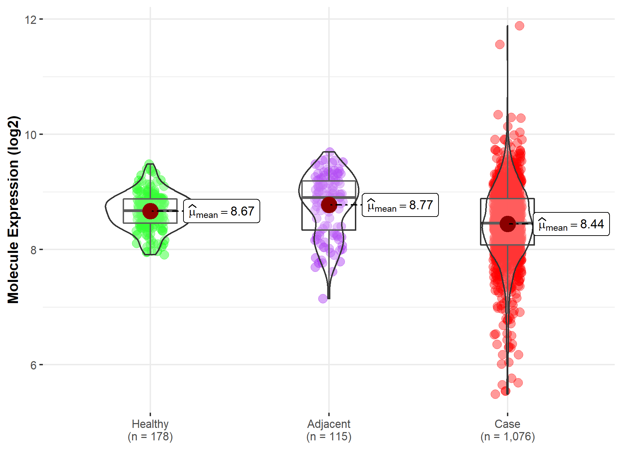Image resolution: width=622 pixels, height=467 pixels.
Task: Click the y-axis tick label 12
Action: coord(30,20)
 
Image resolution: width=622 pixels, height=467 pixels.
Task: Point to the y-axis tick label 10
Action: coord(30,135)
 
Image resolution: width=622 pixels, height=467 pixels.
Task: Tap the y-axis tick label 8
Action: coord(34,250)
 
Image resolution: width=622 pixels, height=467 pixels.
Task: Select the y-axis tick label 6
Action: coord(34,365)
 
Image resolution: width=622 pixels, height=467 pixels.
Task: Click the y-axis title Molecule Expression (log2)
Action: coord(13,210)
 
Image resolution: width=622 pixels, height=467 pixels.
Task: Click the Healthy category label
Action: coord(150,424)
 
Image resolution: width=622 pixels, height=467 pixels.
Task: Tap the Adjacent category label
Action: coord(329,424)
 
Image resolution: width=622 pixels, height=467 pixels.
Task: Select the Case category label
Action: coord(507,424)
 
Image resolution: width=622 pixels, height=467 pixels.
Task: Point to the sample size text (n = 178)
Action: coord(150,437)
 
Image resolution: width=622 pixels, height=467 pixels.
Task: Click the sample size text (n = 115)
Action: coord(329,437)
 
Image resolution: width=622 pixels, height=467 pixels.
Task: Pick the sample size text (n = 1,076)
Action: coord(507,437)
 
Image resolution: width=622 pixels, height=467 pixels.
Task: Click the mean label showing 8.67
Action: coord(222,211)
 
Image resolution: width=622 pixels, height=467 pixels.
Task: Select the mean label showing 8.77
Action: coord(400,205)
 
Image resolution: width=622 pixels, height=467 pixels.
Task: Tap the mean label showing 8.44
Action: coord(571,224)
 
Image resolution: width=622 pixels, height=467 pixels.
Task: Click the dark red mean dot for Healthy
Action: coord(150,211)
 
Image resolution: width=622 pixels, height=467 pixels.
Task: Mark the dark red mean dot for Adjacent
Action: coord(329,205)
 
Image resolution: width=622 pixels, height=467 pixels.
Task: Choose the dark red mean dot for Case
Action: coord(507,224)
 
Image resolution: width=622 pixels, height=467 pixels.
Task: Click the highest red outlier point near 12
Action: coord(519,26)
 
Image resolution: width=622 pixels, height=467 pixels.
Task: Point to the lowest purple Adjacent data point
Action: coord(323,299)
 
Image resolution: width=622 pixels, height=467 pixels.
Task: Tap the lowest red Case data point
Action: coord(495,394)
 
